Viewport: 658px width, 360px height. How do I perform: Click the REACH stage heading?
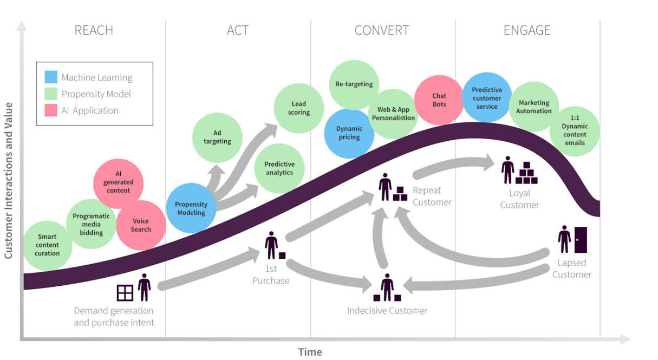(94, 30)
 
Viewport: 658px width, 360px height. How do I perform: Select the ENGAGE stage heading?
(527, 30)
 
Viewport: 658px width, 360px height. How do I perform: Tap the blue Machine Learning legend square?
(51, 77)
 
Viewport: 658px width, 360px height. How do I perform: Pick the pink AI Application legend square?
(51, 110)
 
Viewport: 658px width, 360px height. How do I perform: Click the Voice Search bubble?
(141, 225)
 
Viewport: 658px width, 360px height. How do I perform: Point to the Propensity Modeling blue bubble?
(191, 208)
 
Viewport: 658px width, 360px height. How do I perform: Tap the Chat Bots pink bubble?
(439, 100)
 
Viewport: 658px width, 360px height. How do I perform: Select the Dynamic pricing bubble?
(349, 133)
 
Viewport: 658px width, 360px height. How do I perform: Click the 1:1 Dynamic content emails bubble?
(575, 130)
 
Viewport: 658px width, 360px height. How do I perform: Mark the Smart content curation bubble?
(48, 245)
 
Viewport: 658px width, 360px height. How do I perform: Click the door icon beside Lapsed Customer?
(581, 240)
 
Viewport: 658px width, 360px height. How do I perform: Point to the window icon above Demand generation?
(125, 293)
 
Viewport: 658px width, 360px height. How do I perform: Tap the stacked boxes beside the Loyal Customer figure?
(526, 173)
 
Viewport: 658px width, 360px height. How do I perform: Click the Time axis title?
(310, 352)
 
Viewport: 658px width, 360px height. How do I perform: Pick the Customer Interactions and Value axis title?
(9, 181)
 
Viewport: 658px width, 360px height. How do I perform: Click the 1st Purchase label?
(271, 274)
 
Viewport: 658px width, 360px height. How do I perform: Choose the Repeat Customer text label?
(432, 196)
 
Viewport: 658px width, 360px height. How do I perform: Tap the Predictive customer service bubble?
(487, 98)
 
